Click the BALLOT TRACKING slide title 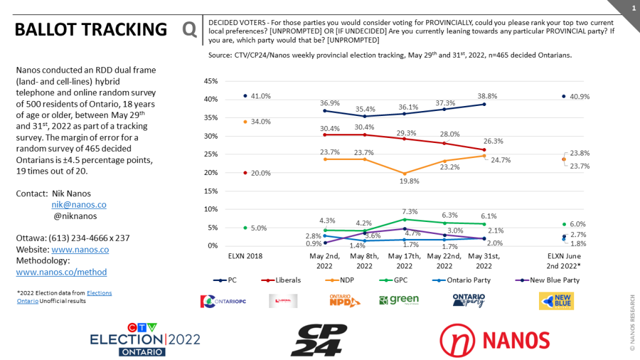coord(90,29)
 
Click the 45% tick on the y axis coord(210,82)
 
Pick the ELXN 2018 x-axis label coord(245,257)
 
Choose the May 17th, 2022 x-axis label coord(403,261)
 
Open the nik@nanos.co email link coord(78,204)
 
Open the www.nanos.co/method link coord(61,272)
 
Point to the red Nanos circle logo coord(457,340)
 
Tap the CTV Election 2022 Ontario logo coord(145,339)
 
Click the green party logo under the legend coord(398,300)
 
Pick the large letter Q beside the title coord(189,29)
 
